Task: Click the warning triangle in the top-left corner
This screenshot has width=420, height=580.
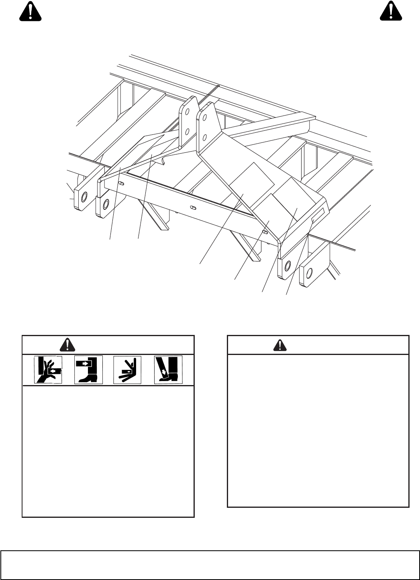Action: (31, 11)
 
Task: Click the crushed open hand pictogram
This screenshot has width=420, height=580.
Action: (48, 369)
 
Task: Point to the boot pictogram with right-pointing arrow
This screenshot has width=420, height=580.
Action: (88, 369)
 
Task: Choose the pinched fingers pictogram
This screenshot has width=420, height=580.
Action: (127, 369)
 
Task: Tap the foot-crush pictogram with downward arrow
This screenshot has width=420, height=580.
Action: (168, 369)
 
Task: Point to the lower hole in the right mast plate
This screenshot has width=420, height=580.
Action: (204, 138)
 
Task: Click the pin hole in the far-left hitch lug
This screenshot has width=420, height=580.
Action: (84, 197)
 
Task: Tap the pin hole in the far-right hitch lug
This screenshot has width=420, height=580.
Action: (309, 274)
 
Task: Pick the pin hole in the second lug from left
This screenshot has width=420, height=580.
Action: (106, 204)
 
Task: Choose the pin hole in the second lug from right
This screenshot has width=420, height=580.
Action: (287, 266)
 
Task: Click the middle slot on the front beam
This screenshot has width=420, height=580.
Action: (193, 208)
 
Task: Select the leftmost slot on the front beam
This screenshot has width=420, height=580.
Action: (122, 184)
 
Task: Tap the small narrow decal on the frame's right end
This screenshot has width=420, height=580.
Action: (318, 216)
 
